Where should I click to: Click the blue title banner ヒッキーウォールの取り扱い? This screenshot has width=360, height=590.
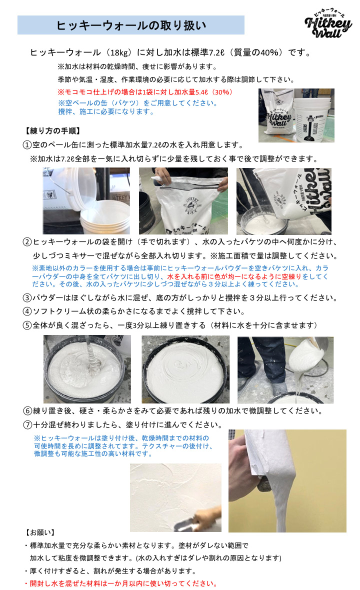131,25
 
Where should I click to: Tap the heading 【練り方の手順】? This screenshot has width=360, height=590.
52,131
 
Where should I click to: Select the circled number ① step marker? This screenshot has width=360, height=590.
27,145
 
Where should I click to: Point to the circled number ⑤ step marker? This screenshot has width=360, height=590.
27,325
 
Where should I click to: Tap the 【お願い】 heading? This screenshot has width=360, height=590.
40,532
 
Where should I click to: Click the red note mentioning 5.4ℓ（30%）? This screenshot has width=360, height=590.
145,92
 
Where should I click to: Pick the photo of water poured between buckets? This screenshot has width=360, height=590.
86,201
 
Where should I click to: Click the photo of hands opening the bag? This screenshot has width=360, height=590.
183,201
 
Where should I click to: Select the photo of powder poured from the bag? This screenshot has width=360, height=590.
284,201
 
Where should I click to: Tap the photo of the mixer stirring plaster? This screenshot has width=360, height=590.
87,369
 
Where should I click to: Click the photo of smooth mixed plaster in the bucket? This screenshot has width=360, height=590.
185,369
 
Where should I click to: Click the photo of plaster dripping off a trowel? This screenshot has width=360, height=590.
287,481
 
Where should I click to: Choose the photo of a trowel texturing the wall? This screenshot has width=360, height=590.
175,497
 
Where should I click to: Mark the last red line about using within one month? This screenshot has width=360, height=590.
121,583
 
